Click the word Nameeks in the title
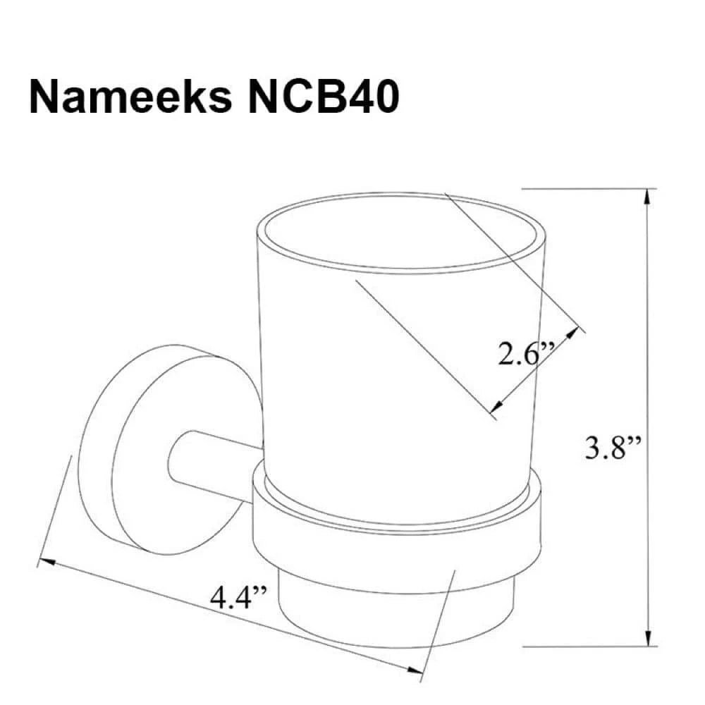(131, 97)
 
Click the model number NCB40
(324, 97)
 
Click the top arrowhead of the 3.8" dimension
(647, 198)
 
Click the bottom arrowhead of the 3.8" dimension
(648, 638)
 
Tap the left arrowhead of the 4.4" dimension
(47, 562)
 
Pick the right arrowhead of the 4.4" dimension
(415, 670)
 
